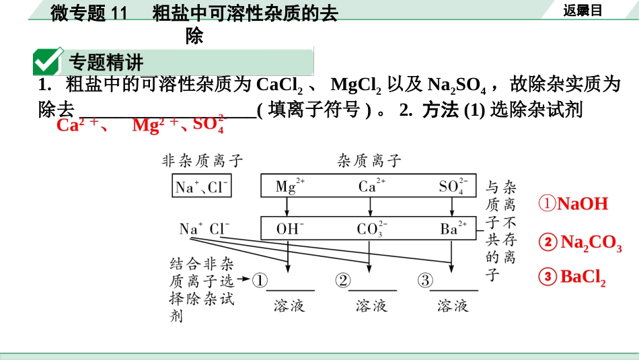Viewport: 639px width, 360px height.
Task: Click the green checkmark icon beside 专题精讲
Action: (x=48, y=62)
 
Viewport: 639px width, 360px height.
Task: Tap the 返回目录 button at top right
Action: (x=582, y=10)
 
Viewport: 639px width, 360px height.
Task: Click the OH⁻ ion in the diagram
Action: (x=290, y=229)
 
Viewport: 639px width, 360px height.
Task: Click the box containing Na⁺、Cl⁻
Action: (x=202, y=186)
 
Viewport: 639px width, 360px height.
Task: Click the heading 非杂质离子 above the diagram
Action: (x=202, y=161)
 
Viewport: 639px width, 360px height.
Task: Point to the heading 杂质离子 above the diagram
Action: (x=369, y=161)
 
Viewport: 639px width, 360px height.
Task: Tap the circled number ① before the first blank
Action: (x=260, y=280)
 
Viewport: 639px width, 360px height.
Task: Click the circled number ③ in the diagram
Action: (x=425, y=280)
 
